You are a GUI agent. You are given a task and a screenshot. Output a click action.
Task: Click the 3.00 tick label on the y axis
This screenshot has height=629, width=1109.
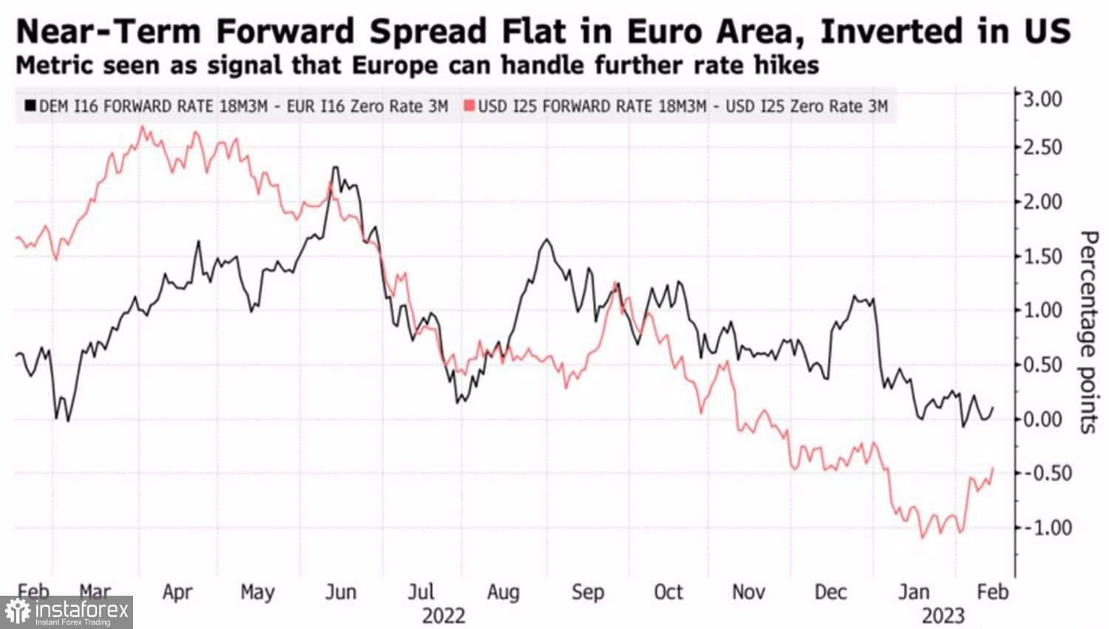pos(1042,98)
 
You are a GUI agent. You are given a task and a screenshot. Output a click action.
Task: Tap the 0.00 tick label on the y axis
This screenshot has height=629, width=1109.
pos(1042,419)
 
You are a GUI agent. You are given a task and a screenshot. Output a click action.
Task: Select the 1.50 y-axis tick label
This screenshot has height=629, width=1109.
pos(1042,256)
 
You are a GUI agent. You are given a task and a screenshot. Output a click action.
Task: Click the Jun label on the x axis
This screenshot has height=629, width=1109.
pos(341,592)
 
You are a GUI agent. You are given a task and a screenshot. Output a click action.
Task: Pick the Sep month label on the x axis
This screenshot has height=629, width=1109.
pos(588,592)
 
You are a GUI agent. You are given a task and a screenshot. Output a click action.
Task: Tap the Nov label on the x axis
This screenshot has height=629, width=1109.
pos(748,592)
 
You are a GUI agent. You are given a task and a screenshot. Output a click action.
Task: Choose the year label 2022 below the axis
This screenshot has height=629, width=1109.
pos(444,616)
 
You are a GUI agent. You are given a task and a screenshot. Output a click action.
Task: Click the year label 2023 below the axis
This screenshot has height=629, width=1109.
pos(943,616)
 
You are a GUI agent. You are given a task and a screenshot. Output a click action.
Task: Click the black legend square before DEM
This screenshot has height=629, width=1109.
pos(30,106)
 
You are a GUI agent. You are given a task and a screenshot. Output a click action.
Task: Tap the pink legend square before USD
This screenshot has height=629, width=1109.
pos(469,106)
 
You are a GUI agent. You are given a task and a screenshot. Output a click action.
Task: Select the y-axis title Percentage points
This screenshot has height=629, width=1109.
pos(1088,332)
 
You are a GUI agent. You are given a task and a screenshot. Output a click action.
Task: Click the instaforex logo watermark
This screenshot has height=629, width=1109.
pos(67,612)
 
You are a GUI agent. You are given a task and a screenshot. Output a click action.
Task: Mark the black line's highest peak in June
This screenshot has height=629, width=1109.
pos(335,167)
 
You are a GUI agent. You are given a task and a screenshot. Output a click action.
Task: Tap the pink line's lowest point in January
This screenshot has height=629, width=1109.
pos(922,537)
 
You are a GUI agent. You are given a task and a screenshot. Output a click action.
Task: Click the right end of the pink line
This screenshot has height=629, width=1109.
pos(993,468)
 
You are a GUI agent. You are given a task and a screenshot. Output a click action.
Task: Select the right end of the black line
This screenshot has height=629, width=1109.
pos(993,407)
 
